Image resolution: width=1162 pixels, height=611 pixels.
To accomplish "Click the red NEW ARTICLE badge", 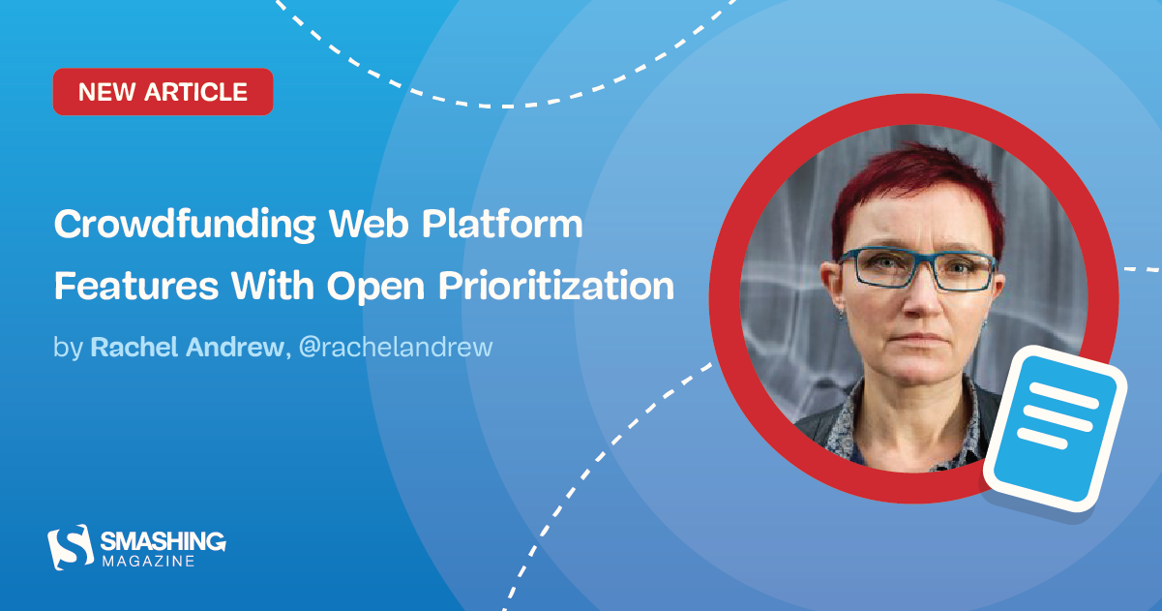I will pos(163,92).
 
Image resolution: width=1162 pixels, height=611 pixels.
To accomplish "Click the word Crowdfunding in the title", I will pos(185,226).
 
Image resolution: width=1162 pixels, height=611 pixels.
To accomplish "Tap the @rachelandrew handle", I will pos(396,348).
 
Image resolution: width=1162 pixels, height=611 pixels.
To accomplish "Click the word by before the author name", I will pos(68,348).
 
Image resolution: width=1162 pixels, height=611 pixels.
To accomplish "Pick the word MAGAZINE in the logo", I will pos(146,561).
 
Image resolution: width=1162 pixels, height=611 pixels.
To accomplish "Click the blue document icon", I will pos(1056,431).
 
